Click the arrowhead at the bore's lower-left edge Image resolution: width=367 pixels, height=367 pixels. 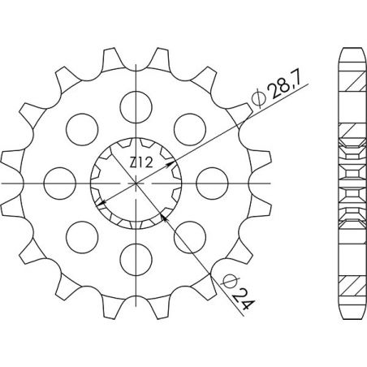point(100,202)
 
